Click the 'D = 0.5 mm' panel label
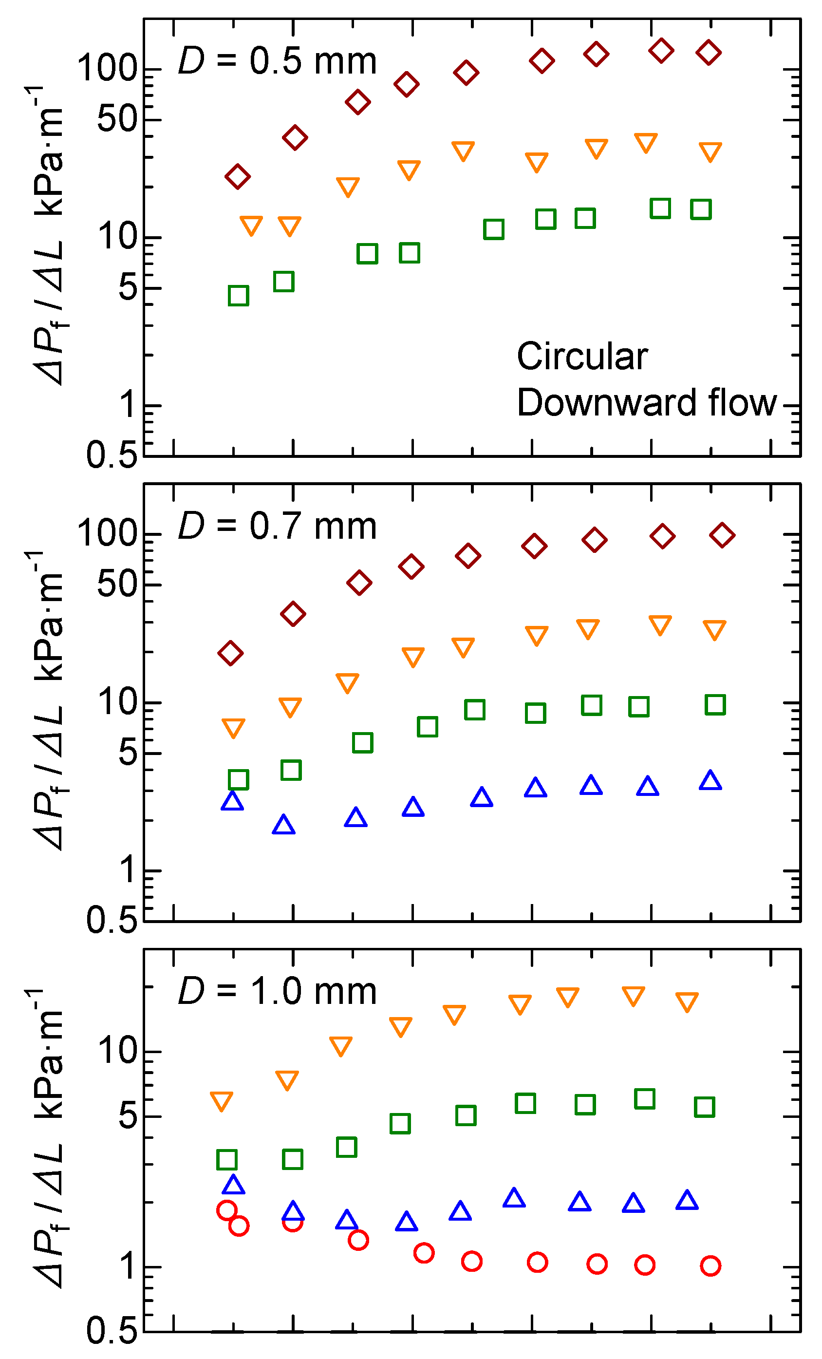point(277,61)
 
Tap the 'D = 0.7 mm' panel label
point(277,526)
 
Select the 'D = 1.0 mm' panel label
point(277,991)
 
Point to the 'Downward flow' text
point(646,403)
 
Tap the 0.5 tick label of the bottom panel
point(112,1330)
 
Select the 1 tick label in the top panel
point(128,404)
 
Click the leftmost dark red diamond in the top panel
point(238,176)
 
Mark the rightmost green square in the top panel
point(701,209)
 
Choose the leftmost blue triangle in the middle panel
point(232,801)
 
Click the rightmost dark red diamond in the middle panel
point(722,535)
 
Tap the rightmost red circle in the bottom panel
point(710,1266)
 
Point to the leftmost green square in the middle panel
point(238,779)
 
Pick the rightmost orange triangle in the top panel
point(710,151)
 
